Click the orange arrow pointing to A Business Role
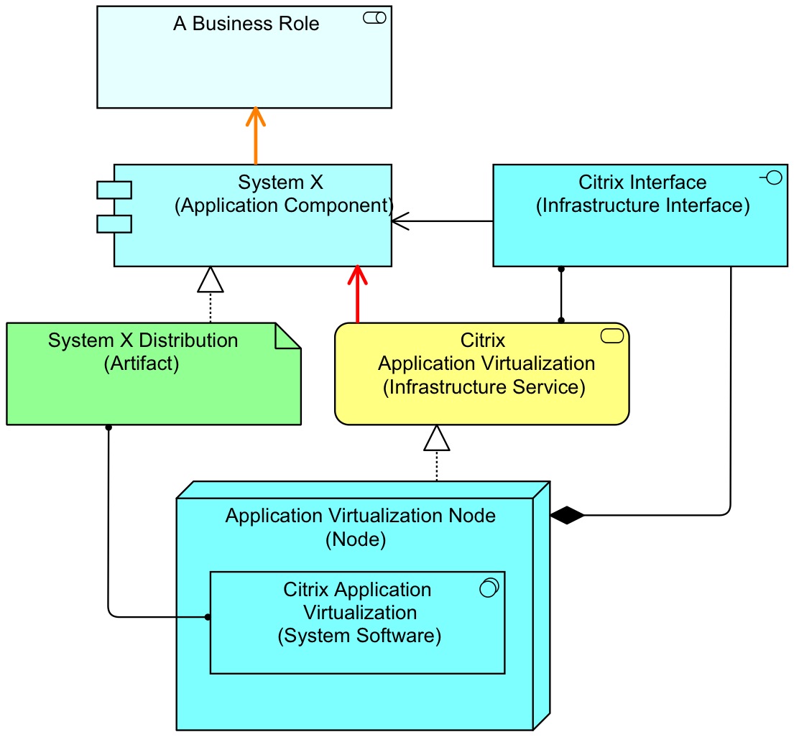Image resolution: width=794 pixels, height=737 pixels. point(255,136)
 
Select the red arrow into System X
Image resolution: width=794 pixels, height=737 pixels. point(357,295)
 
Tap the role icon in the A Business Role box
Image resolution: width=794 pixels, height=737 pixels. point(374,18)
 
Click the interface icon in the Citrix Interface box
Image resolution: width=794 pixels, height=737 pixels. point(772,178)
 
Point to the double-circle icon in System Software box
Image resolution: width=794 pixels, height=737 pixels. point(489,588)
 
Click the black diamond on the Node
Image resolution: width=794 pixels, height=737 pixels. point(567,515)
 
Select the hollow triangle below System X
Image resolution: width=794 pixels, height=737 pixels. point(211,280)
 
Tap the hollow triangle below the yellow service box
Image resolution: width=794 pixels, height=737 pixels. point(437,438)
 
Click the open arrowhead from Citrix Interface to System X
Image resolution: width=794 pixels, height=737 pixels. point(400,221)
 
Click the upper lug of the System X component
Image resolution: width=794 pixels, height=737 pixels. point(114,190)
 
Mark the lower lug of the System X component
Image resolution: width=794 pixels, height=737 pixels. point(114,223)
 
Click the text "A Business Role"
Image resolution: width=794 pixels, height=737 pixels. point(246,24)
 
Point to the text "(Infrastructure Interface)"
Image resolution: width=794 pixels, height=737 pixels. point(643,206)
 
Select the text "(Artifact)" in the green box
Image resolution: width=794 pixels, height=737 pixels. point(142,363)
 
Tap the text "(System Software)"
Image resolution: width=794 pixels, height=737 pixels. point(359,636)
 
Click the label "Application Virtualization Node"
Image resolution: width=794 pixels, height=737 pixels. point(361,516)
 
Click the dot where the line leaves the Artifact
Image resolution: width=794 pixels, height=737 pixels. point(109,427)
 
